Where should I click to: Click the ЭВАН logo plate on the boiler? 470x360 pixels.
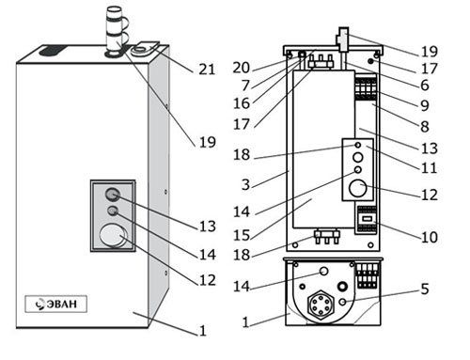tap(55, 304)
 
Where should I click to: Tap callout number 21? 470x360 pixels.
tap(207, 70)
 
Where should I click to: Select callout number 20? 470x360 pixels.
tap(242, 68)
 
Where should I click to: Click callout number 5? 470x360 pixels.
tap(425, 289)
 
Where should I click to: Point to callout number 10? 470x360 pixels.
tap(430, 237)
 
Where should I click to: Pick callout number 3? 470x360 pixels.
tap(246, 184)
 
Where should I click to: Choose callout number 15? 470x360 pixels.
tap(242, 235)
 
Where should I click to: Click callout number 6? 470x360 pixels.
tap(425, 86)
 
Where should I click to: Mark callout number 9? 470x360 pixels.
tap(425, 105)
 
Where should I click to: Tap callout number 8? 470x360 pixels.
tap(425, 127)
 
